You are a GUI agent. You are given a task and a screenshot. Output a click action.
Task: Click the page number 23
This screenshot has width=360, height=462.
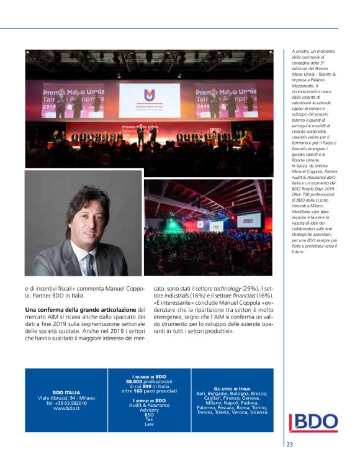(290, 445)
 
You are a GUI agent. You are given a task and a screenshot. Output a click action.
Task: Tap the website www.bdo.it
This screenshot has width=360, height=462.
(66, 408)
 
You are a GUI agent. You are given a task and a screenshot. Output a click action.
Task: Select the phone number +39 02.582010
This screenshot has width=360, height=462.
(66, 402)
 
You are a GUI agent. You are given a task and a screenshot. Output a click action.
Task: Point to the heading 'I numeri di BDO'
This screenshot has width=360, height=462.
(149, 376)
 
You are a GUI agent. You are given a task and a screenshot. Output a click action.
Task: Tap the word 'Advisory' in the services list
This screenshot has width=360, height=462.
(149, 410)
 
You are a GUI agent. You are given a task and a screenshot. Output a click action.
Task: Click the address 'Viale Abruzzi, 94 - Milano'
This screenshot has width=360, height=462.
(66, 397)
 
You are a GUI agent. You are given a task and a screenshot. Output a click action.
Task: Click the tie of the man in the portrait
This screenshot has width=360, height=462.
(91, 262)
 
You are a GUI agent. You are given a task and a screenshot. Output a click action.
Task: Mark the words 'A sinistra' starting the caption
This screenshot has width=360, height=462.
(300, 52)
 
